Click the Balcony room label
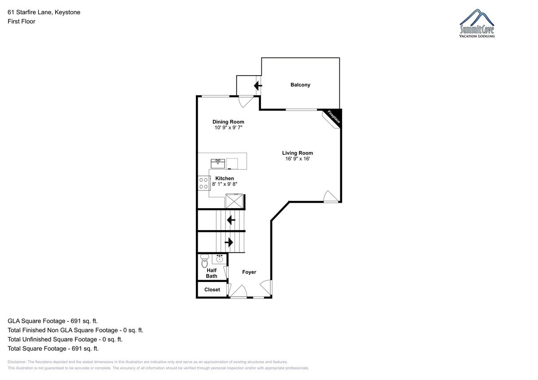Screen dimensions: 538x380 (x=300, y=85)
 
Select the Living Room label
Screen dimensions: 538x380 (x=297, y=153)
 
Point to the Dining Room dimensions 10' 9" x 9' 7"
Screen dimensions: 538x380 (x=228, y=128)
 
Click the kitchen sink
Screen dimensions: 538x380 (x=218, y=163)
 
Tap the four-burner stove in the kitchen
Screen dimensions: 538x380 (x=204, y=183)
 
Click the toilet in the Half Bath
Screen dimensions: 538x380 (x=204, y=261)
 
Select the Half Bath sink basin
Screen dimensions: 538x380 (x=219, y=259)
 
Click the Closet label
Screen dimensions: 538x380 (x=212, y=290)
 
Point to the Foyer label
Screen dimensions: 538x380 (x=249, y=272)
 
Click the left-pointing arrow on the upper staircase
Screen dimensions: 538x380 (x=231, y=220)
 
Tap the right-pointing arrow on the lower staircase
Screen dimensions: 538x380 (x=229, y=242)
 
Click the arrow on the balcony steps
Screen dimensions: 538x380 (x=258, y=85)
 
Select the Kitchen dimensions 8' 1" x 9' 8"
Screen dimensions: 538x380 (x=225, y=184)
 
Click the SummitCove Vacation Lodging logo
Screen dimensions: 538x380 (x=477, y=23)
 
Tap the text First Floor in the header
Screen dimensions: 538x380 (x=22, y=21)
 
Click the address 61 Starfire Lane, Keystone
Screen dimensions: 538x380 (x=44, y=12)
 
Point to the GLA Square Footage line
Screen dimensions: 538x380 (x=52, y=321)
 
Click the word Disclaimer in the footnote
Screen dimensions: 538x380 (x=17, y=362)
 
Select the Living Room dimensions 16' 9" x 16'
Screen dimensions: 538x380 (x=298, y=159)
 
